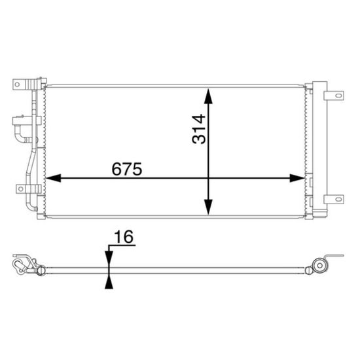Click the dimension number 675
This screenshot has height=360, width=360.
point(127,169)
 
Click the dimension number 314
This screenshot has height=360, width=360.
point(199,129)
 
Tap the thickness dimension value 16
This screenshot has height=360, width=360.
point(124,237)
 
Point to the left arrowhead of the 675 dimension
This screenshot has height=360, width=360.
point(53,178)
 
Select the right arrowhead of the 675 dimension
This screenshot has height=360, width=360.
point(297,178)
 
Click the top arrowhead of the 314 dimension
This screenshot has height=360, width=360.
point(208,96)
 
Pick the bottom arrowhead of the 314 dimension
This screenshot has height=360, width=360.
point(208,207)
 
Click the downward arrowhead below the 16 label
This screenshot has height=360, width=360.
point(109,259)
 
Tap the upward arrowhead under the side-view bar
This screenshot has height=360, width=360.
point(109,281)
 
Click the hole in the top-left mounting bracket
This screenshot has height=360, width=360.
point(17,84)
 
